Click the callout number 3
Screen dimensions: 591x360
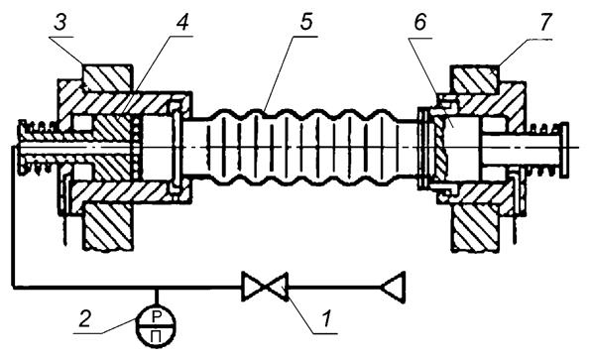[x=59, y=23]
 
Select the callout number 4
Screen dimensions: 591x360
[x=181, y=23]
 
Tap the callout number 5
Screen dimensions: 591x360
[x=306, y=23]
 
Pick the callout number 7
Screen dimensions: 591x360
[x=544, y=23]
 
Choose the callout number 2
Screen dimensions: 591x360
[x=84, y=319]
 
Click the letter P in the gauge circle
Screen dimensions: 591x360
[x=156, y=317]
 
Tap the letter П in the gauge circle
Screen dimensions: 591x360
[x=156, y=335]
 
